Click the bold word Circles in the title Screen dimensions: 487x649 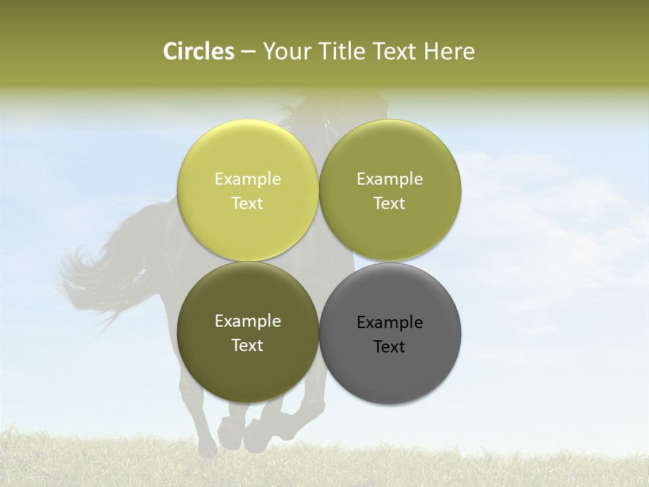point(199,51)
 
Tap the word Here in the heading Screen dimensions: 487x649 point(450,51)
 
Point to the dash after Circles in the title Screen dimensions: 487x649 point(248,52)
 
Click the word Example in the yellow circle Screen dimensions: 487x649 point(247,179)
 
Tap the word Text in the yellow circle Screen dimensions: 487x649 point(247,203)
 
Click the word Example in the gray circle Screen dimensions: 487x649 point(389,322)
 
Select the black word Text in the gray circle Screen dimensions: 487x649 point(389,346)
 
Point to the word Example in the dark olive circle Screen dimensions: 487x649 point(247,321)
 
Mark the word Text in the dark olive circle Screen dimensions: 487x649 point(247,345)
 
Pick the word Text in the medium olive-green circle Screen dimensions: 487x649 point(389,203)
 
